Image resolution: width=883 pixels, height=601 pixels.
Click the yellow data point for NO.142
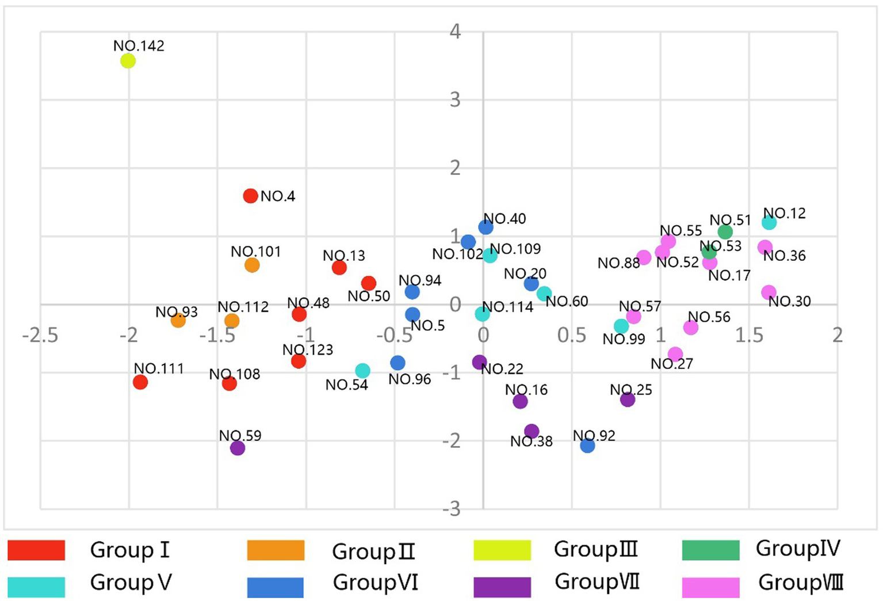(x=128, y=60)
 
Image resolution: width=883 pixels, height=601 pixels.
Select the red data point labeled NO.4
(x=250, y=196)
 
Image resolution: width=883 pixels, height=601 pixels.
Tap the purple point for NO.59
(x=238, y=448)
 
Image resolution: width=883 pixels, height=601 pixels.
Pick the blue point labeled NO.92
(x=587, y=445)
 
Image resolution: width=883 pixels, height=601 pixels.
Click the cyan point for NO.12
(x=769, y=222)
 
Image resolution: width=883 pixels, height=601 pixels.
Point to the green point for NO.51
(x=725, y=231)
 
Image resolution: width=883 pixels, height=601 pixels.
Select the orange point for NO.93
(x=178, y=321)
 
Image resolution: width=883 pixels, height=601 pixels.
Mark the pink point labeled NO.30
(x=769, y=292)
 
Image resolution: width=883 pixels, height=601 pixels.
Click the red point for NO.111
(x=140, y=382)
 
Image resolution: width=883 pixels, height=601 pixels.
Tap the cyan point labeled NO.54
(x=362, y=371)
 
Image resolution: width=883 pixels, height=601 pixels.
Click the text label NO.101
(x=255, y=252)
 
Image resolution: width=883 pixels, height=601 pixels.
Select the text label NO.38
(x=532, y=442)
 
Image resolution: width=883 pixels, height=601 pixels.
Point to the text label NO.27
(x=672, y=364)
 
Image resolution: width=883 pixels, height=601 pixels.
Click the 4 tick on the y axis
(x=455, y=31)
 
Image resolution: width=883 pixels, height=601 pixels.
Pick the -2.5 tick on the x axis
(x=40, y=335)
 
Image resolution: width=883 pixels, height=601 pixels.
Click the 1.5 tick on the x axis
(x=749, y=335)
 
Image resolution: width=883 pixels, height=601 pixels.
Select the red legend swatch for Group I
(x=36, y=550)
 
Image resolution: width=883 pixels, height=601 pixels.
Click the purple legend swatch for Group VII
(x=502, y=587)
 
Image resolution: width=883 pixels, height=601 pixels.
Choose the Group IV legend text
(x=798, y=549)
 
